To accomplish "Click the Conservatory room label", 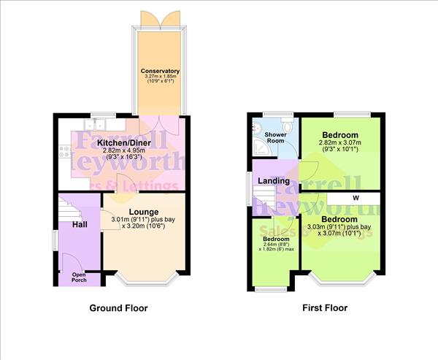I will (x=160, y=71).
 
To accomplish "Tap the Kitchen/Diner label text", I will (x=124, y=142).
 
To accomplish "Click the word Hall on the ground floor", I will (x=80, y=223).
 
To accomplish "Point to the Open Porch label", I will (x=78, y=277).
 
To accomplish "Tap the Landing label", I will (x=273, y=180).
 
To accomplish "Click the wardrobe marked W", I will (x=355, y=199).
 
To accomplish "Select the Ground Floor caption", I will (x=118, y=308).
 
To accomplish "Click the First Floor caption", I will (x=325, y=308).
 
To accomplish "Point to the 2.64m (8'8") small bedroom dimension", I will (x=275, y=245).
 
